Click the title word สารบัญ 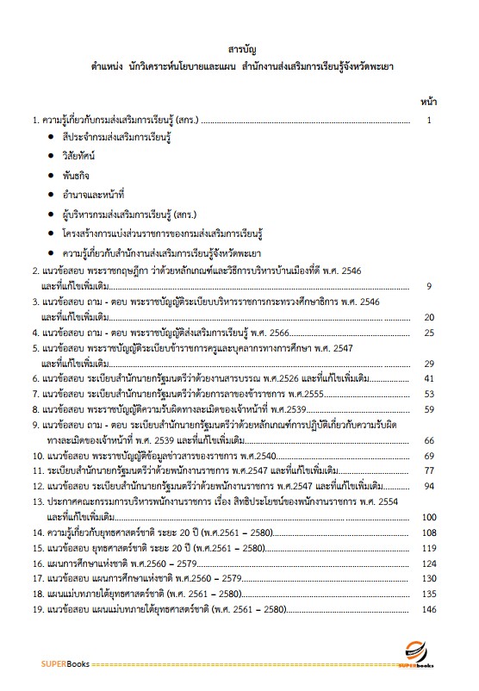click(239, 48)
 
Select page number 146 click(428, 633)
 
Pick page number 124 click(428, 587)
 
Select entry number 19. click(37, 633)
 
